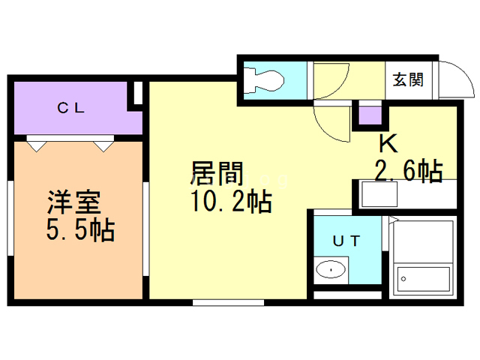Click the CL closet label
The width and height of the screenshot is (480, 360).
point(70,108)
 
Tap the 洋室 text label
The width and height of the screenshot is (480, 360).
point(74,202)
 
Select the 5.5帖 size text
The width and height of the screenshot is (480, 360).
point(81,229)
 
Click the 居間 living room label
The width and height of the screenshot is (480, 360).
point(217,174)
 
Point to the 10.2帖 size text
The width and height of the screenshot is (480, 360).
point(232,201)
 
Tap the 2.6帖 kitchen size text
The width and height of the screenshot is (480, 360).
point(409,170)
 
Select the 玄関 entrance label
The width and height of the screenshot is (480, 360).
point(408,79)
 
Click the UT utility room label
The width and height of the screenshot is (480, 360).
point(346,241)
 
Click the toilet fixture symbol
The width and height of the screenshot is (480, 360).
point(265,80)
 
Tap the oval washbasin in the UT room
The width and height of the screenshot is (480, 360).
point(331,270)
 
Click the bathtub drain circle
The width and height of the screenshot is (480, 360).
point(403,279)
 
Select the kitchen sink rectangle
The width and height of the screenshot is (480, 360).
point(379,194)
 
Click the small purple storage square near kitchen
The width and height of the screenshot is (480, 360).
point(370,115)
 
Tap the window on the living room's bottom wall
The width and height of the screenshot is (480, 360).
point(228,302)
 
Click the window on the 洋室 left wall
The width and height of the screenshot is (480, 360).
point(10,218)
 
